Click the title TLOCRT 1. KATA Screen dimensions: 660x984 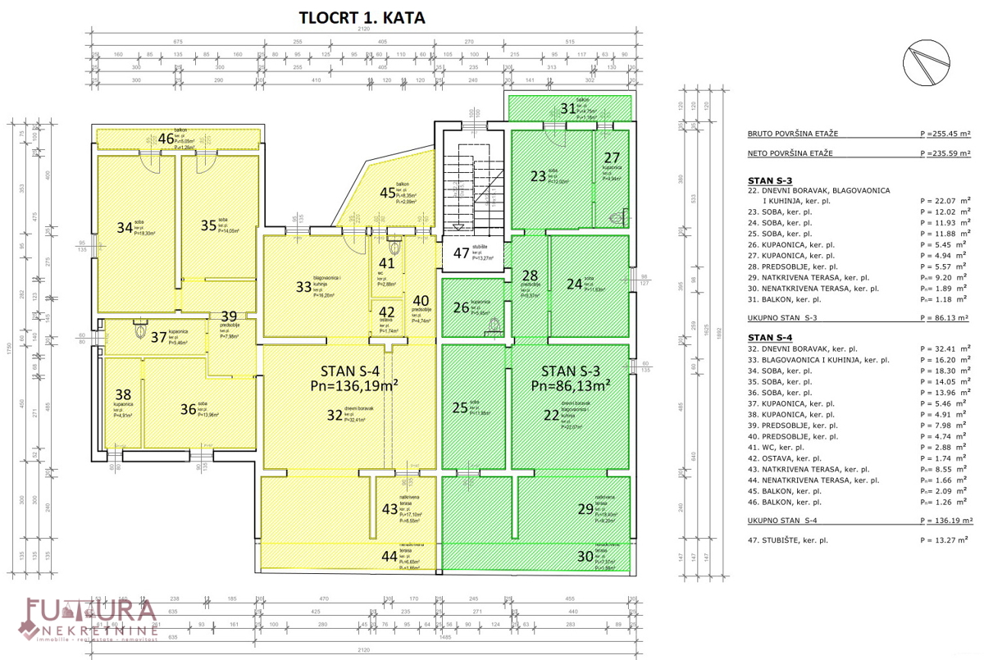coord(362,18)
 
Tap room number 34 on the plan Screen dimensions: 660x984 coord(124,227)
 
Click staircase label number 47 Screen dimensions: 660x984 coord(462,253)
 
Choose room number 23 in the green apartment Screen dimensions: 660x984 coord(537,175)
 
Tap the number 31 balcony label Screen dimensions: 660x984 coord(568,108)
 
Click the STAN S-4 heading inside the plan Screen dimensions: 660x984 coord(348,366)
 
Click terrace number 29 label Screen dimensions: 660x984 coord(585,509)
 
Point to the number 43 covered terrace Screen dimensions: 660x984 coord(389,509)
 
